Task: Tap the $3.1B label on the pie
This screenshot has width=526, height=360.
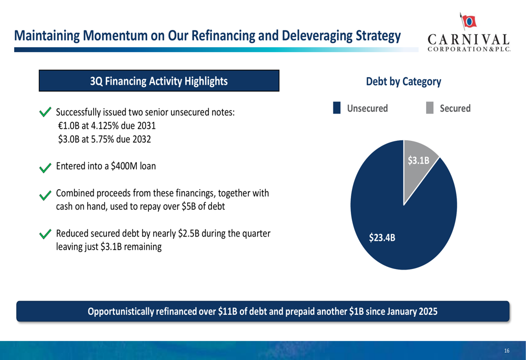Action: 419,161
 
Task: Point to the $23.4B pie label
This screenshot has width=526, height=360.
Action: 382,238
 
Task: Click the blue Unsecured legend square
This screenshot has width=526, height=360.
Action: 337,108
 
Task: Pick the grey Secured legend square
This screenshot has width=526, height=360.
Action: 430,108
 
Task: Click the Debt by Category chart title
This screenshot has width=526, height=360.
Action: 403,81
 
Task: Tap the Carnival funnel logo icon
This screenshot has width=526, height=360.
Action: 468,20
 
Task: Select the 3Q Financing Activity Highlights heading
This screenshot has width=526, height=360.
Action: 159,81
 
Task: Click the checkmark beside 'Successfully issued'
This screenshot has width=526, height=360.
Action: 45,112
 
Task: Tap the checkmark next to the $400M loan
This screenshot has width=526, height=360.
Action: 45,167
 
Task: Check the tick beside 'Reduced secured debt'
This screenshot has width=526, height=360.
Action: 45,234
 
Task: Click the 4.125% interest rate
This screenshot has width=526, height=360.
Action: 104,126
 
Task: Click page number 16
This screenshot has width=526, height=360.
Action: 507,351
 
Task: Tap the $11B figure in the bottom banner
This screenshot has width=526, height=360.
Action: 227,312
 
